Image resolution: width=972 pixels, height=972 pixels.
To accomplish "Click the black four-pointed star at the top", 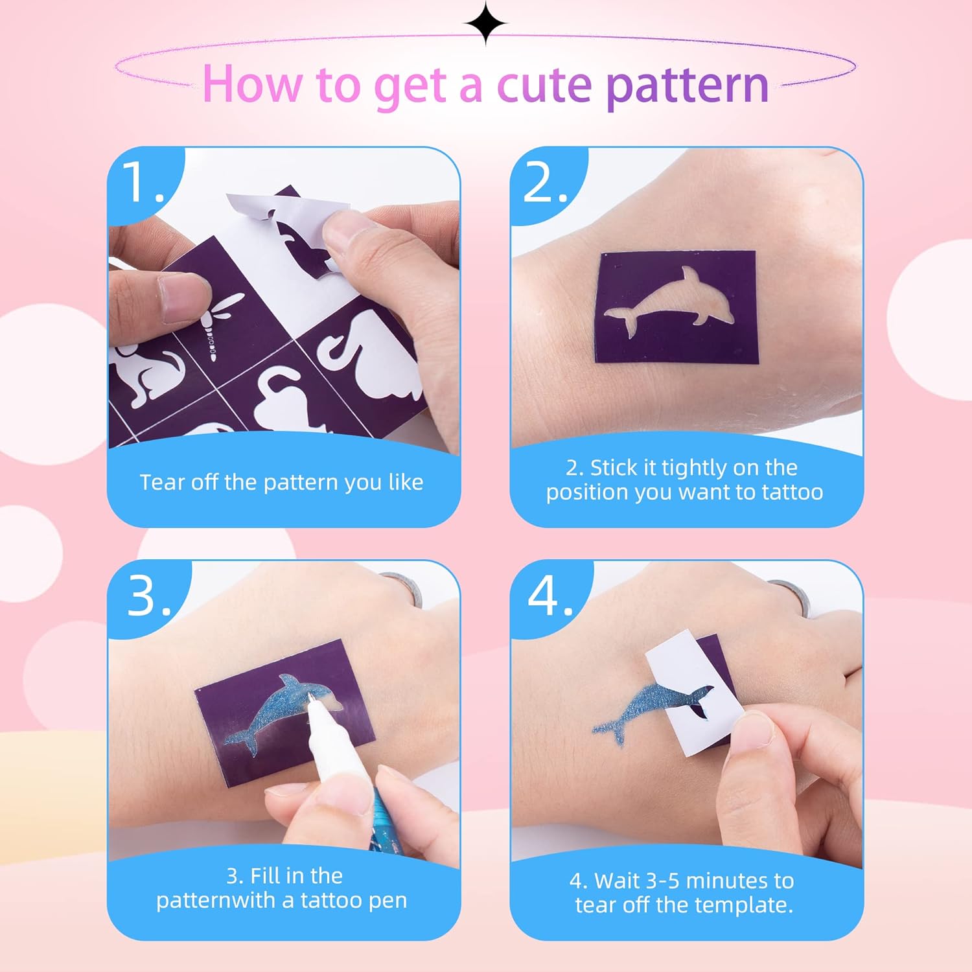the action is pos(486,23).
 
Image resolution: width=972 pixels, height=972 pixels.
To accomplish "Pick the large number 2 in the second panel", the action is pos(541,181).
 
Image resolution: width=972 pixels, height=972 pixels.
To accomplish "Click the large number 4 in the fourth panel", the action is pos(544,595).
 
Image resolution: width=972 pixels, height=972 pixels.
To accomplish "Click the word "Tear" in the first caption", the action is pos(163,482).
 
